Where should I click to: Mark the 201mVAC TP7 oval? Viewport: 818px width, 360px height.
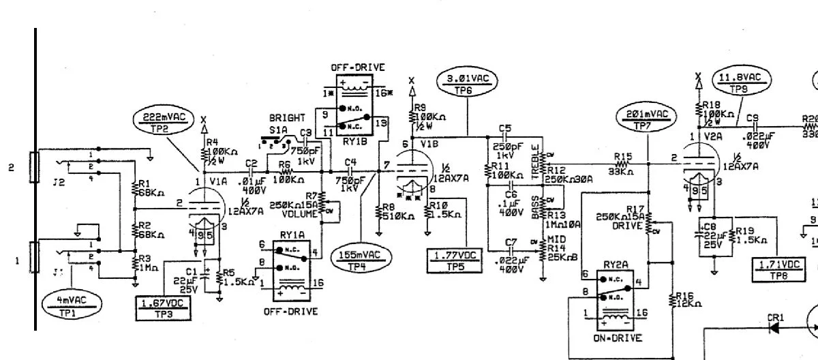click(643, 118)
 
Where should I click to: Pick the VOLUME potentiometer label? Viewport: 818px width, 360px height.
click(303, 213)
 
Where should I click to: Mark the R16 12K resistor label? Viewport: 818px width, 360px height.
click(686, 300)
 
